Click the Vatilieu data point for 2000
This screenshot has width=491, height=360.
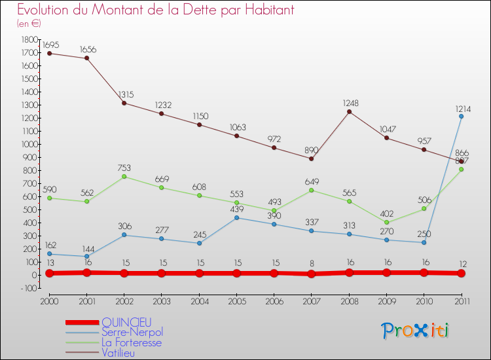point(49,53)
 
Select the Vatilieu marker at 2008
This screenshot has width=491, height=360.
point(349,111)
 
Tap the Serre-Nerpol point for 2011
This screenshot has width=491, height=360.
point(462,116)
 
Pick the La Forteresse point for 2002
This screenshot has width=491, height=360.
point(124,176)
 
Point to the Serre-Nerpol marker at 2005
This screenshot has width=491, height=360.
point(236,217)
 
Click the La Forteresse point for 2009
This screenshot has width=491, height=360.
point(386,222)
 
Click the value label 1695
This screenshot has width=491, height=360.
point(50,45)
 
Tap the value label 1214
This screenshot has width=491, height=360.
point(462,108)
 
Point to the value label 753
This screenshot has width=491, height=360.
point(124,168)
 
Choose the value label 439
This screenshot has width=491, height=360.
point(236,209)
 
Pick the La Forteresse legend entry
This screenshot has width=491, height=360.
point(132,342)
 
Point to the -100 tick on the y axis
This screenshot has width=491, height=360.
point(27,288)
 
